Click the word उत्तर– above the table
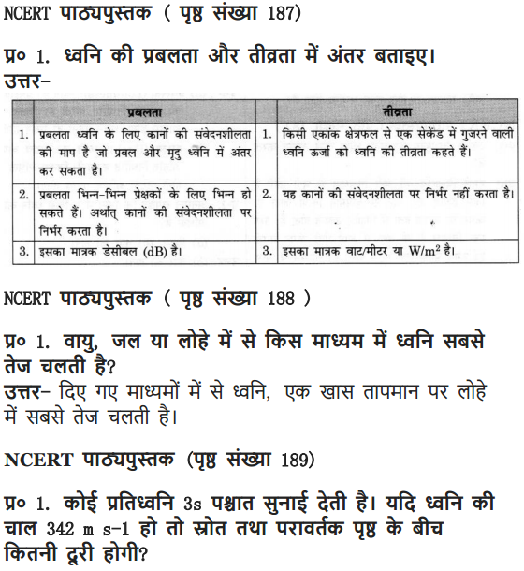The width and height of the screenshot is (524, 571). [27, 83]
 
